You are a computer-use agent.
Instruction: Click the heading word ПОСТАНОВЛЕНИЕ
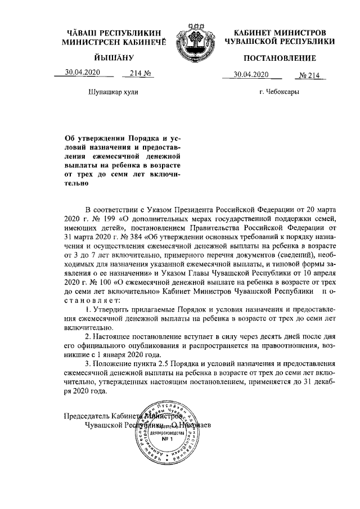coord(280,58)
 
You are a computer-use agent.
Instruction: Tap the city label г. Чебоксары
coord(280,91)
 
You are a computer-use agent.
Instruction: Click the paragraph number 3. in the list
coord(88,363)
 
